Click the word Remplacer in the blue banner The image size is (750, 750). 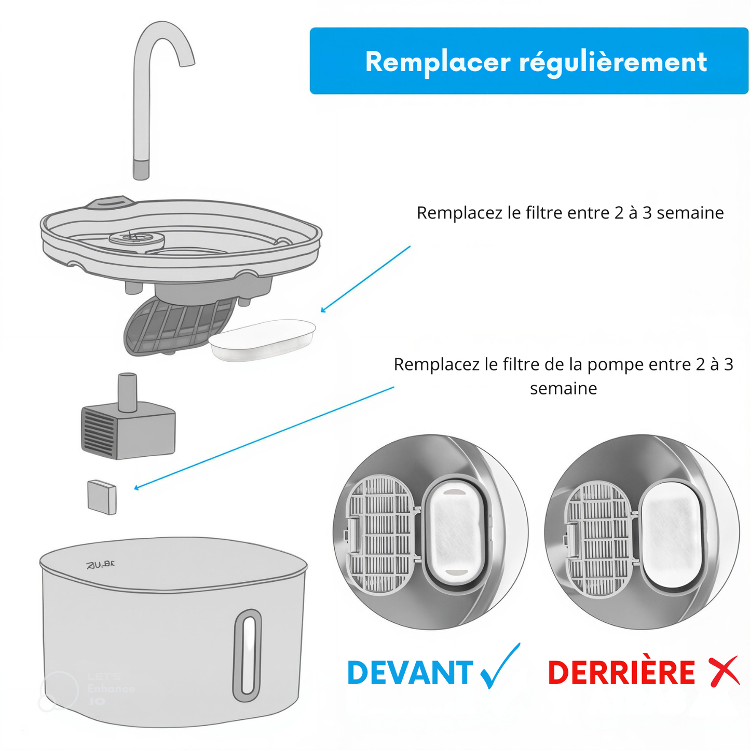click(438, 62)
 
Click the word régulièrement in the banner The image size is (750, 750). click(613, 63)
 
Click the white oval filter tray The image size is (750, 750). click(263, 339)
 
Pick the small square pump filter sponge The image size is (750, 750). click(102, 497)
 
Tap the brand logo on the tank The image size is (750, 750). click(101, 564)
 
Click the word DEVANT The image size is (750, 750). click(410, 673)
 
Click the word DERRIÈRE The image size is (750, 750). click(621, 673)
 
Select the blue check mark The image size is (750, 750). click(499, 667)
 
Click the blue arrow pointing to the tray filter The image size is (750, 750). click(365, 279)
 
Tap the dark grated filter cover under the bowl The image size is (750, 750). click(176, 327)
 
